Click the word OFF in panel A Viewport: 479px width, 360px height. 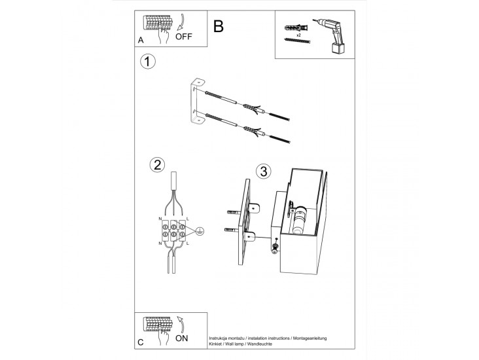(x=185, y=37)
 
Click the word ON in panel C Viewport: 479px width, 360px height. (x=183, y=338)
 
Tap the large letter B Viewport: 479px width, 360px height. (x=219, y=26)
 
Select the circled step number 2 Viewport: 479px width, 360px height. (x=156, y=164)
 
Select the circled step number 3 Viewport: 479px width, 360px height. (x=262, y=172)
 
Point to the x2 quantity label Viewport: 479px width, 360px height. (x=298, y=35)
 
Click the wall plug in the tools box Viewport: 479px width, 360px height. (x=296, y=28)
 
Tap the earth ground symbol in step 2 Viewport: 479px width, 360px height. (x=200, y=230)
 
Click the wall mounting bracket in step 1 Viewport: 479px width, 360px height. (x=196, y=102)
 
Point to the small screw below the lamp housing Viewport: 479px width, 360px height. (x=275, y=247)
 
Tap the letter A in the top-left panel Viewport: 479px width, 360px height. (x=141, y=41)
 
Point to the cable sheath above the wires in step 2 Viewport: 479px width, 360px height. (x=174, y=181)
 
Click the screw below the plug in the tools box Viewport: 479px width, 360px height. (x=297, y=41)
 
